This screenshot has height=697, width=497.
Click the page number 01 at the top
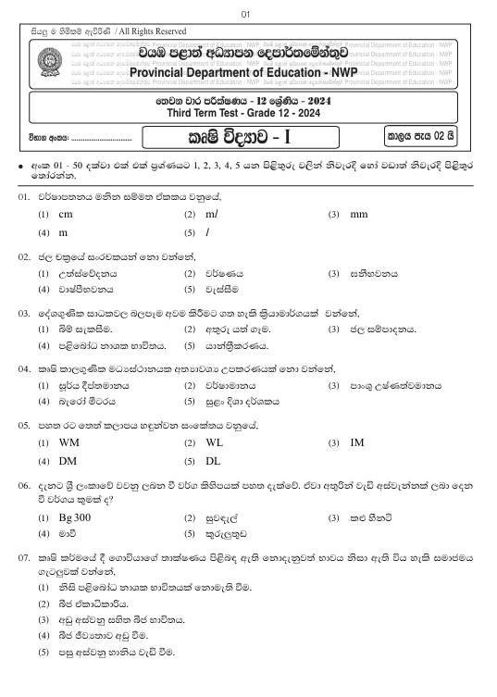tap(245, 14)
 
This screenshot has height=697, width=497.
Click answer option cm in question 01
tap(66, 214)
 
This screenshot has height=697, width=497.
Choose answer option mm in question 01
tap(359, 214)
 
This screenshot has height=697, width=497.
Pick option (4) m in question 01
tap(64, 232)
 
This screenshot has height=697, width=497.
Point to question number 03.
tap(24, 314)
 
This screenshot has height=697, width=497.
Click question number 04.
tap(24, 368)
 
